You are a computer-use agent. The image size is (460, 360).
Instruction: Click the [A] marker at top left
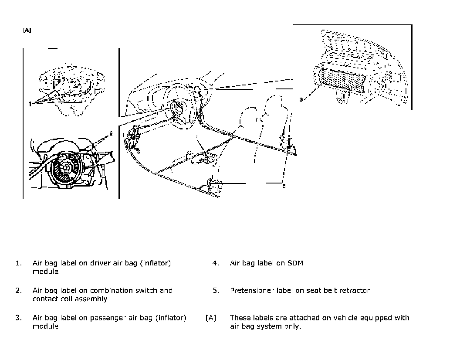27,31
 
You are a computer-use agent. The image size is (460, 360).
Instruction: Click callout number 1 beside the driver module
30,104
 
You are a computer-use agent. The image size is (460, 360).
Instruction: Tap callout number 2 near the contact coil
111,132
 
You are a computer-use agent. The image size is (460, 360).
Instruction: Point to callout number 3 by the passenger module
301,100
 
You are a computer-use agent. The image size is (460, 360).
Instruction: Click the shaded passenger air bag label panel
343,82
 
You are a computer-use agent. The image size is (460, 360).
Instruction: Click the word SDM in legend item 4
295,263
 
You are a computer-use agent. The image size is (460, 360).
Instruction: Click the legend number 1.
18,263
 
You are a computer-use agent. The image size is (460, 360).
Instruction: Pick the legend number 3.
18,318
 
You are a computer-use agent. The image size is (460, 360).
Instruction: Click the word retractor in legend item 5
352,291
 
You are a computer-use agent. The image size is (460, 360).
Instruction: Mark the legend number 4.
216,263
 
